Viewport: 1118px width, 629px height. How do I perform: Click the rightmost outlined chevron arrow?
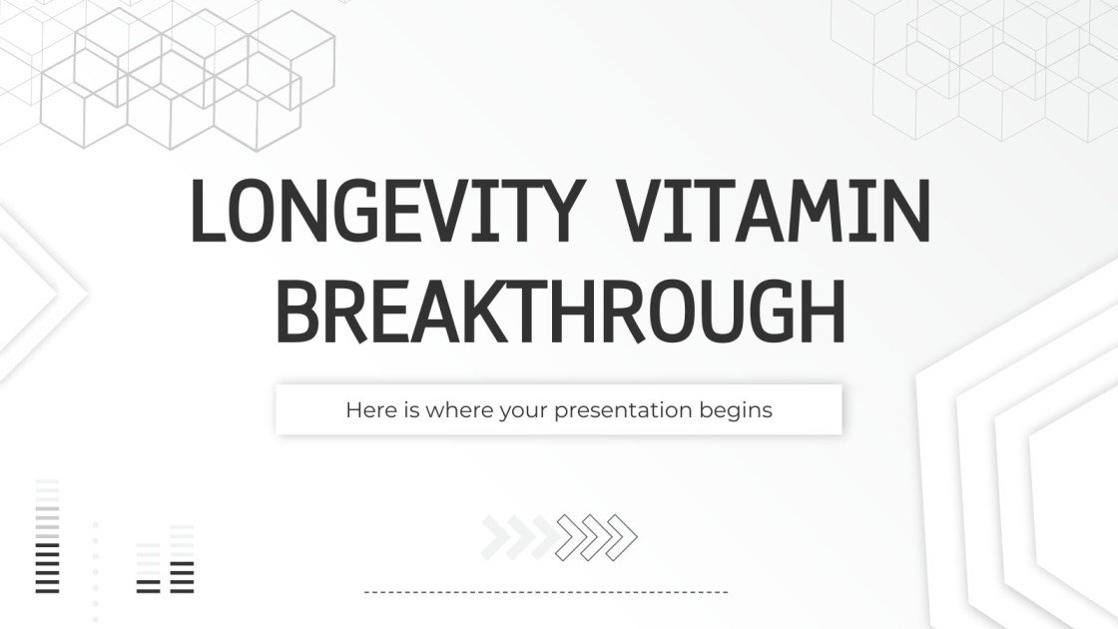click(623, 537)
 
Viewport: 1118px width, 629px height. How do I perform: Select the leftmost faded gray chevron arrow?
click(496, 537)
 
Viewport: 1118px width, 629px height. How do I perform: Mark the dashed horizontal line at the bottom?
click(546, 592)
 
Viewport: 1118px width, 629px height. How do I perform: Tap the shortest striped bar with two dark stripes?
click(148, 569)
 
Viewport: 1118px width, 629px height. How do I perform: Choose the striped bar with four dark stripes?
click(182, 559)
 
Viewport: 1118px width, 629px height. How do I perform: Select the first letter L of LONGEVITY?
click(207, 212)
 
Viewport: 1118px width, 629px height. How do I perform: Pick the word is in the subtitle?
click(407, 409)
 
